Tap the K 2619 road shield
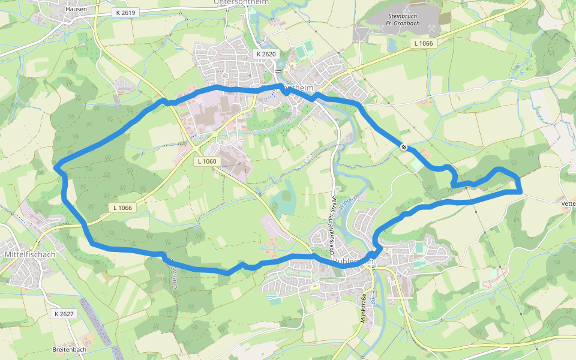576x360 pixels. [x=125, y=13]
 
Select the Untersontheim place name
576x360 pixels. [x=241, y=2]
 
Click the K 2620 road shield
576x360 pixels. [x=266, y=54]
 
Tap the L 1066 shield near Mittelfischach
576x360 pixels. [x=121, y=208]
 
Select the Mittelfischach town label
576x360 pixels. [x=29, y=254]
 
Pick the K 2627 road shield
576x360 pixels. [x=63, y=314]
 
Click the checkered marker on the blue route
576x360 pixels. [x=404, y=146]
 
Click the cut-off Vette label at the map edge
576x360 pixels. [x=568, y=204]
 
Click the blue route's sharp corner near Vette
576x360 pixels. [x=521, y=191]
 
